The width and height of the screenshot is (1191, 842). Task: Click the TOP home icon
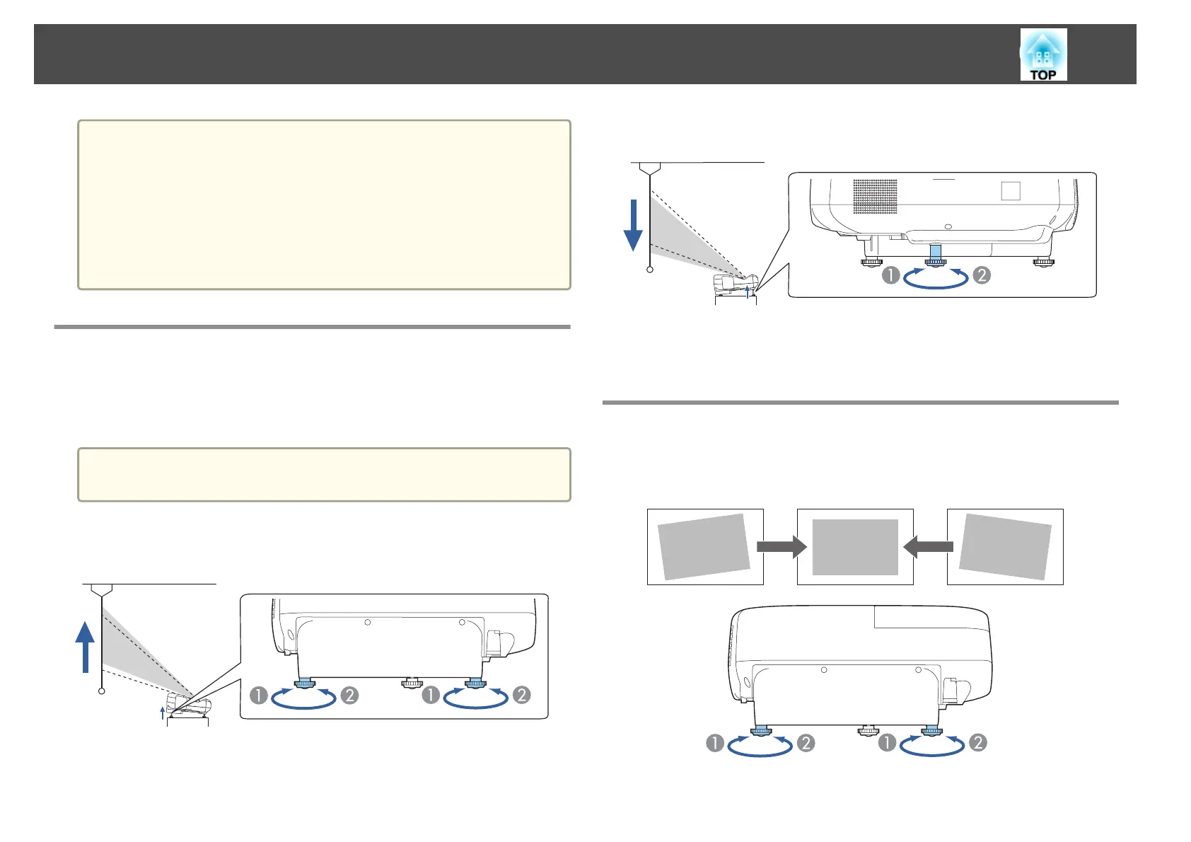[1043, 54]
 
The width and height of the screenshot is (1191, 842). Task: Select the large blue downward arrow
[633, 225]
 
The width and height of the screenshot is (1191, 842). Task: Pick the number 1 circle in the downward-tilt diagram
[890, 275]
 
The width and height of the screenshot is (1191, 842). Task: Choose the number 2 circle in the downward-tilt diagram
[981, 275]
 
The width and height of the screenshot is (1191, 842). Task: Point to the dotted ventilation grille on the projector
[875, 196]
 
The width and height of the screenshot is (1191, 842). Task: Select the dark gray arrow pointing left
[929, 547]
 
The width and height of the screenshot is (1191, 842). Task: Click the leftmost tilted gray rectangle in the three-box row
[704, 547]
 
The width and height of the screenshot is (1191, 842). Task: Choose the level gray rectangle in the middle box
[855, 547]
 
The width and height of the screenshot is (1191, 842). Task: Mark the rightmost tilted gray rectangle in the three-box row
[1005, 547]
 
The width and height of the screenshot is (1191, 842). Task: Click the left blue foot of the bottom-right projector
[761, 731]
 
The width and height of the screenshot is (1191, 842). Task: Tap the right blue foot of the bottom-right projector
[931, 731]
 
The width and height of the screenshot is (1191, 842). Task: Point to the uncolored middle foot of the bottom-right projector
[867, 729]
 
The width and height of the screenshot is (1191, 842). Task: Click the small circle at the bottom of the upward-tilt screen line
[102, 691]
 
